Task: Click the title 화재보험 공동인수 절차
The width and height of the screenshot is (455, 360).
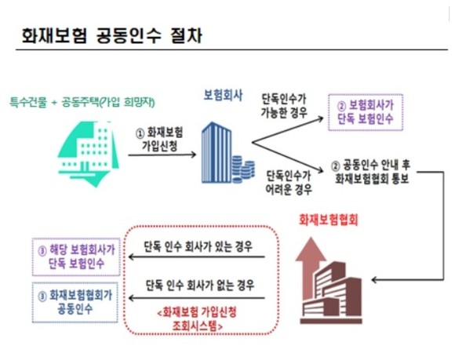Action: [x=112, y=35]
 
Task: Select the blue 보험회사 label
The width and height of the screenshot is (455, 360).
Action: [x=223, y=96]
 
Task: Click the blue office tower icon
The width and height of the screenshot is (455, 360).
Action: [x=217, y=153]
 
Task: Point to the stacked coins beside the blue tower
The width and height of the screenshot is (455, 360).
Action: [x=243, y=169]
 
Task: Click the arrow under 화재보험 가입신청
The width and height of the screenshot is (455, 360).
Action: [x=162, y=155]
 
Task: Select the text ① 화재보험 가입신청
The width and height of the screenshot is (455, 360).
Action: [x=160, y=140]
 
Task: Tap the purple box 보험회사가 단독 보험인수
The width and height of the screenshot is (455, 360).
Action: [x=366, y=112]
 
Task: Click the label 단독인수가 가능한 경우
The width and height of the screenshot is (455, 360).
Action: [x=284, y=106]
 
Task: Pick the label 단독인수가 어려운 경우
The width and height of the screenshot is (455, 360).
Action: [x=289, y=183]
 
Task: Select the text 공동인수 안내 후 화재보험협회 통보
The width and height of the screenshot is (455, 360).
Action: [x=371, y=172]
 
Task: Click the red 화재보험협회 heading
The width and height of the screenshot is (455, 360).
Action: [x=329, y=220]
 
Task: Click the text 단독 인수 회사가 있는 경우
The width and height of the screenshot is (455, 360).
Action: [x=198, y=247]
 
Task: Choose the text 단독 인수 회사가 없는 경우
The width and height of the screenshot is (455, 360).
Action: [x=200, y=285]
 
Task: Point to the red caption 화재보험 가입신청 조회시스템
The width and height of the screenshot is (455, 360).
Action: [x=197, y=319]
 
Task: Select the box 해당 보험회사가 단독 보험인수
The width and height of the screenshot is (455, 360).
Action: [x=76, y=257]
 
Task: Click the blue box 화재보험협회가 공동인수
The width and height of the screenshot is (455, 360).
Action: [x=75, y=303]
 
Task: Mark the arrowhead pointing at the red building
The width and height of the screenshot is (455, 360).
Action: [x=374, y=280]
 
